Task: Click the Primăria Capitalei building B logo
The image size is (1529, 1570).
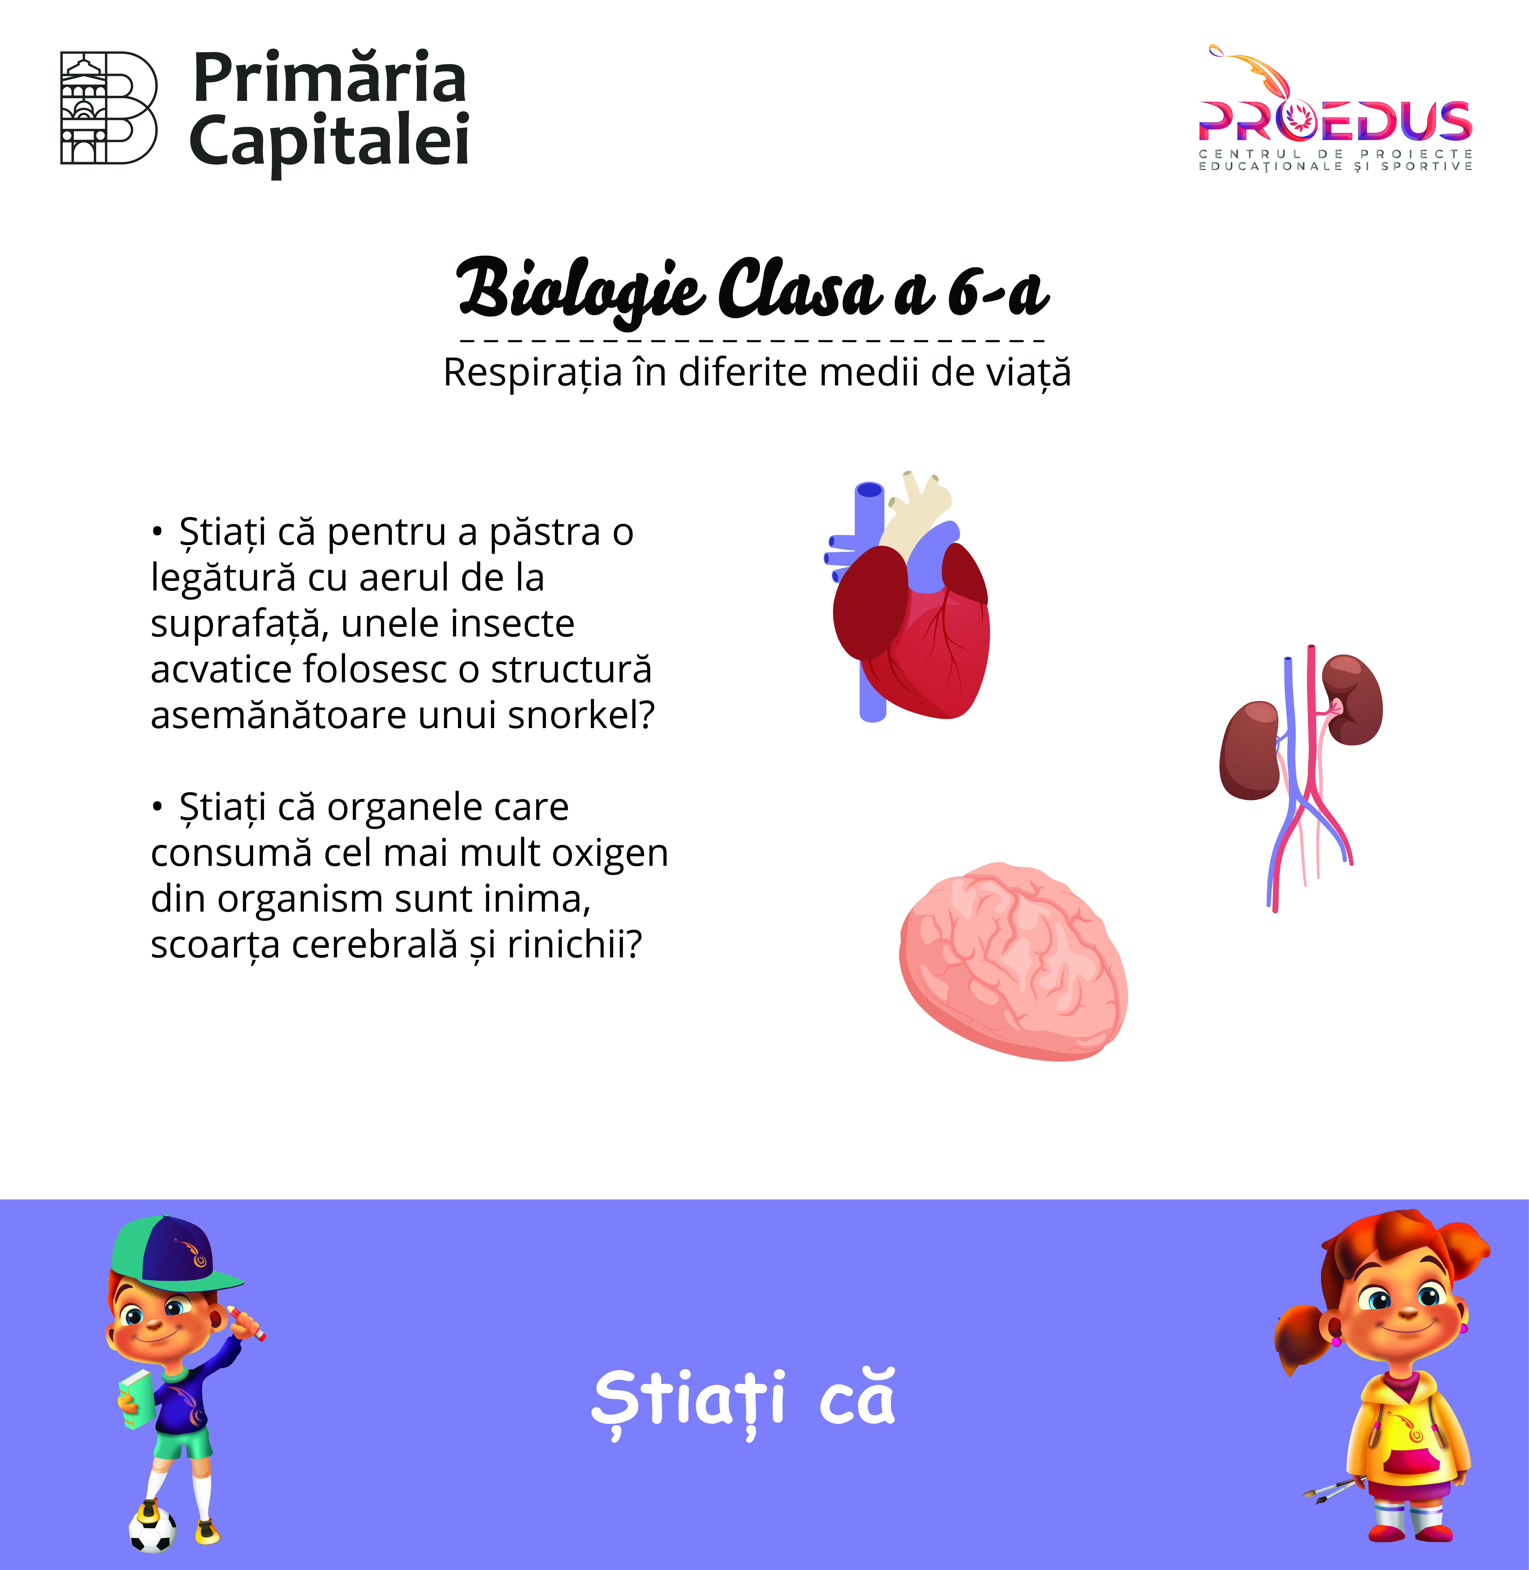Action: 109,108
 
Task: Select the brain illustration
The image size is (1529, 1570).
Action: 1013,961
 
